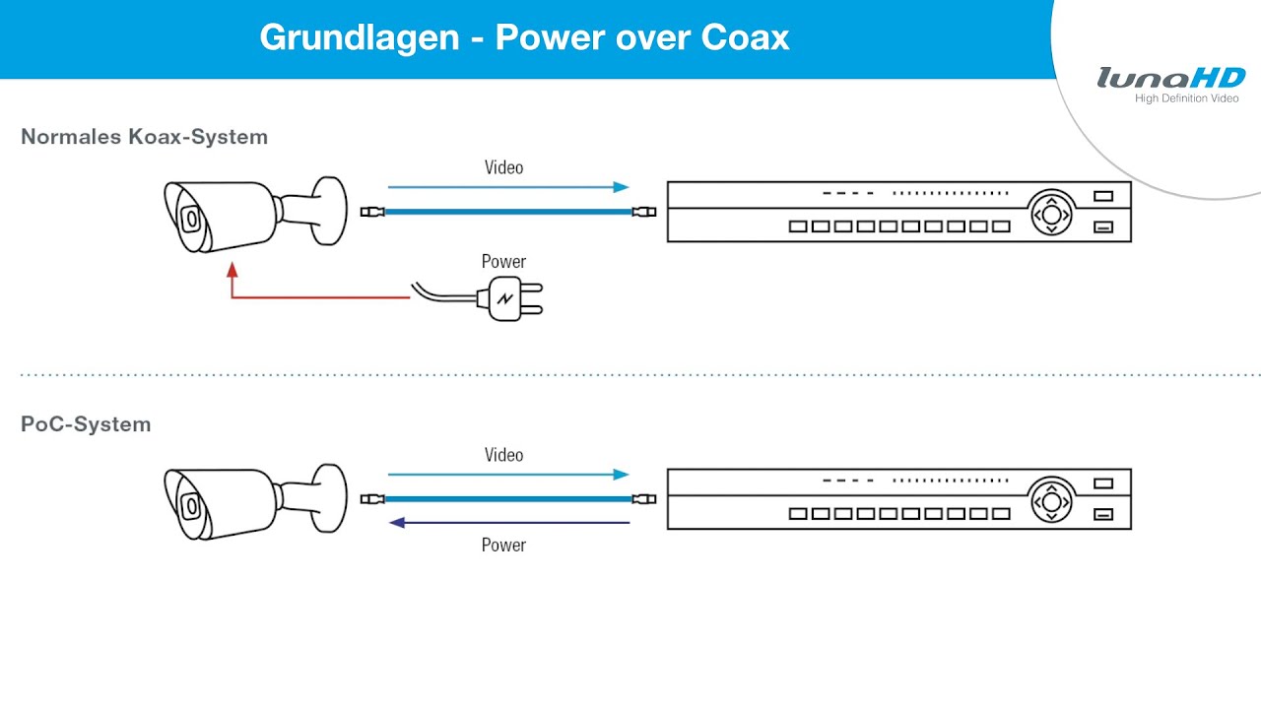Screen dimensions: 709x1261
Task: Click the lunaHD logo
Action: click(1170, 78)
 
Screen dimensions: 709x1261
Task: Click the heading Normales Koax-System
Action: click(144, 137)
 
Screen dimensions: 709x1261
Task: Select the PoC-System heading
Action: click(86, 424)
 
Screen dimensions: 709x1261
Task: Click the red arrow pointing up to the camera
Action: click(232, 281)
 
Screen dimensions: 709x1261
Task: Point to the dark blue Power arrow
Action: click(508, 523)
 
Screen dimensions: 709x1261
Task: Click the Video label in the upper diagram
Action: click(503, 167)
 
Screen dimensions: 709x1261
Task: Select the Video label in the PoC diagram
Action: click(503, 455)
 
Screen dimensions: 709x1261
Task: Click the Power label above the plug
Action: click(503, 262)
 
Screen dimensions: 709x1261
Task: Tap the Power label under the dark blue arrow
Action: click(503, 546)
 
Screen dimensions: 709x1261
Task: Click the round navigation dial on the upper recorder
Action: click(1051, 213)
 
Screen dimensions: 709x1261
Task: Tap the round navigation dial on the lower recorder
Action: click(1051, 500)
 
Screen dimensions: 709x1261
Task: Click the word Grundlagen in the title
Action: click(360, 37)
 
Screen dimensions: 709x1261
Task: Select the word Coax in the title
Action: click(746, 37)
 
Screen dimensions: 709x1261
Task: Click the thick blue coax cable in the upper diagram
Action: click(507, 211)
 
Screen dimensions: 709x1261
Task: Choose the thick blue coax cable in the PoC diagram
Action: click(507, 498)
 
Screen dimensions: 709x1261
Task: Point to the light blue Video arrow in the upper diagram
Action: click(507, 186)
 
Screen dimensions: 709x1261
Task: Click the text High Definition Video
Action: click(1186, 98)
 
